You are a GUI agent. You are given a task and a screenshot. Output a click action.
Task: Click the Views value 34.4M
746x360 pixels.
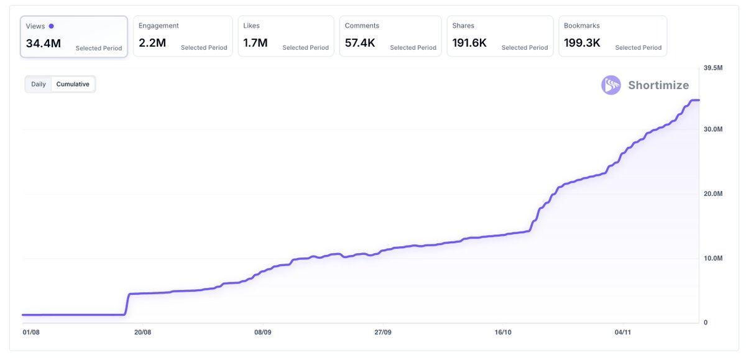[x=43, y=44]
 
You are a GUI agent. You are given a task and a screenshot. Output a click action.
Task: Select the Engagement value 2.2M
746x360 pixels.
[x=152, y=44]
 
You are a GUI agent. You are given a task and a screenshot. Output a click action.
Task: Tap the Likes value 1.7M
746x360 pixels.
[x=256, y=44]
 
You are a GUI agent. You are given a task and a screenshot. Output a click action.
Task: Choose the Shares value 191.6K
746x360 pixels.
[x=469, y=44]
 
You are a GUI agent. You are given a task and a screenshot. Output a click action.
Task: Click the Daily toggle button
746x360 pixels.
[x=39, y=84]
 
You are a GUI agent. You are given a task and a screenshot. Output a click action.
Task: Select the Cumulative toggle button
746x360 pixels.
[x=73, y=84]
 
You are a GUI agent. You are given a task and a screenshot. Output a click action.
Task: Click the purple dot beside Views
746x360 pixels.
[x=51, y=26]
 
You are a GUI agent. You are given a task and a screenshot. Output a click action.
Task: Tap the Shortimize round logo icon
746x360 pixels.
[x=610, y=85]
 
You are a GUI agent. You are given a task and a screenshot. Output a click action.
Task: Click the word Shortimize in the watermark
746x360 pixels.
[x=658, y=85]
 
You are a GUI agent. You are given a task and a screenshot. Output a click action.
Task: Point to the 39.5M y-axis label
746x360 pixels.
[x=712, y=68]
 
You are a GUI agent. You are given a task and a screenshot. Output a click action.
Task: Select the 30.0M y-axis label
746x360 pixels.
[x=712, y=129]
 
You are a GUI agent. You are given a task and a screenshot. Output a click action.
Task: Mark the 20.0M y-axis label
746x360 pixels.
[x=712, y=194]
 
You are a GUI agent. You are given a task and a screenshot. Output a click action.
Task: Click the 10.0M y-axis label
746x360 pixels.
[x=712, y=258]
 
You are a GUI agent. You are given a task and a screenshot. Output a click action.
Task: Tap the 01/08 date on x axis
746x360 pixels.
[x=31, y=333]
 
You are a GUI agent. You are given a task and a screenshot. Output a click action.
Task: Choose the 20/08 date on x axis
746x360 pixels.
[x=143, y=333]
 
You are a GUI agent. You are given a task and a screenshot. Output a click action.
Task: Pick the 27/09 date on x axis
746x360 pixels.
[x=383, y=333]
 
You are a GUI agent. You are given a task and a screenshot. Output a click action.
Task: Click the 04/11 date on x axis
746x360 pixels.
[x=623, y=333]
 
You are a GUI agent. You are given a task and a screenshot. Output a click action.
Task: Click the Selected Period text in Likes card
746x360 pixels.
[x=305, y=48]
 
